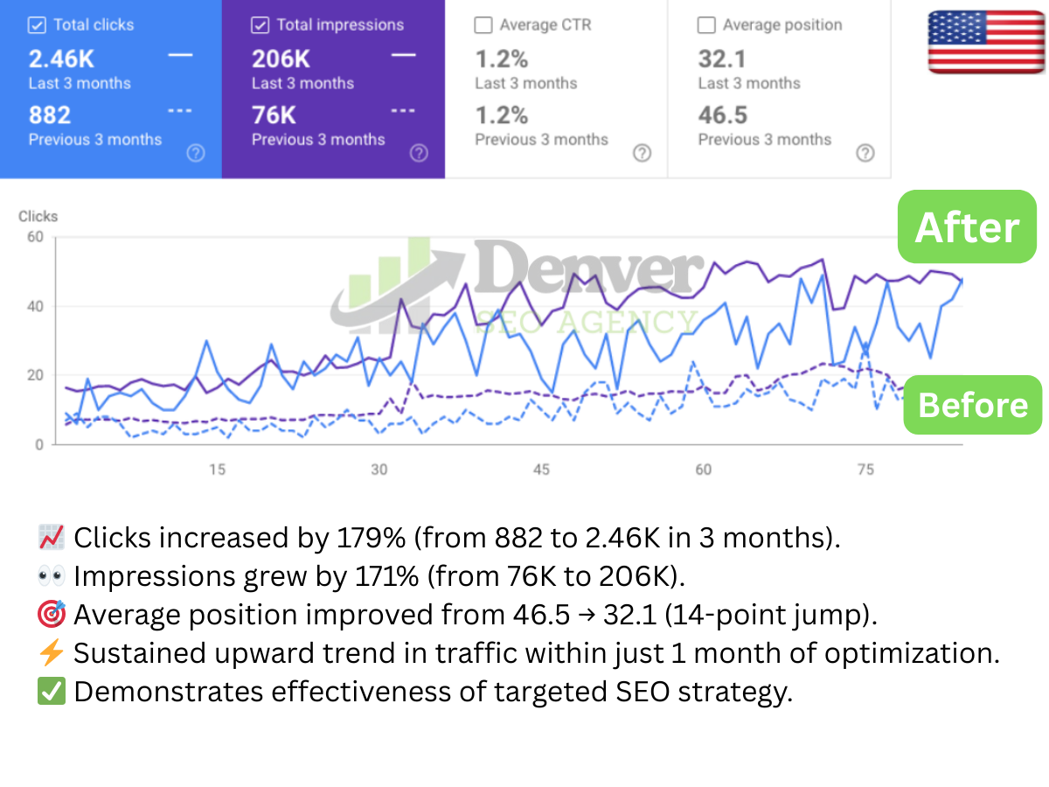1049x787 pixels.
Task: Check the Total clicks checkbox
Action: point(37,25)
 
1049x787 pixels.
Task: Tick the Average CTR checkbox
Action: point(483,25)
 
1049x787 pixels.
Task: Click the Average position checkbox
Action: point(706,25)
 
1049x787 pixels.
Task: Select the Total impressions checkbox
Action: point(260,25)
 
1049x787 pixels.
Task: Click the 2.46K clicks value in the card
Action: point(60,59)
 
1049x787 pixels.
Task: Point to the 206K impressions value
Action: point(281,59)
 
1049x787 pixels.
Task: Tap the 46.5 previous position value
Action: point(722,115)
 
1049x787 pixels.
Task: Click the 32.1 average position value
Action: point(721,59)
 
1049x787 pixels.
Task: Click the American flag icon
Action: point(985,41)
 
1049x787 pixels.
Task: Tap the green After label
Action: point(967,227)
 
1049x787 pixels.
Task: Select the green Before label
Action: point(973,405)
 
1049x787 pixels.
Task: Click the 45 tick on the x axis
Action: point(541,470)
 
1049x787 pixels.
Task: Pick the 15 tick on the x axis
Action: point(217,470)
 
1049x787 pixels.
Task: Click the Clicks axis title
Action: point(38,216)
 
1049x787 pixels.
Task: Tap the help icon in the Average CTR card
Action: point(642,153)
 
